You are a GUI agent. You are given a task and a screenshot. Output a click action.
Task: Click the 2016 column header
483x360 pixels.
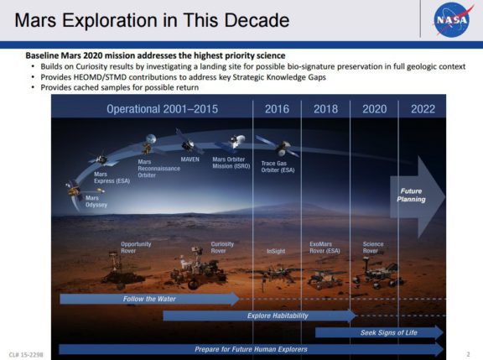point(277,109)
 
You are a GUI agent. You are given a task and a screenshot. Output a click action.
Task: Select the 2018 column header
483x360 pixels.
point(325,109)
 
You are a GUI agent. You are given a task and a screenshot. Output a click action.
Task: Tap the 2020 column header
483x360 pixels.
point(374,109)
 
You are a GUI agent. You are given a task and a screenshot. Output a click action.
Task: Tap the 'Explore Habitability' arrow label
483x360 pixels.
point(278,316)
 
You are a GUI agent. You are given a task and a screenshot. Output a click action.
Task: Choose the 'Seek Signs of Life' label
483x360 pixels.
point(389,332)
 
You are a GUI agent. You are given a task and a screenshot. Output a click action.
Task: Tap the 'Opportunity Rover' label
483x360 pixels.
point(135,247)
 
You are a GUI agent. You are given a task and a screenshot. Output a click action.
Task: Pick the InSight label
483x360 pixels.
point(276,250)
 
